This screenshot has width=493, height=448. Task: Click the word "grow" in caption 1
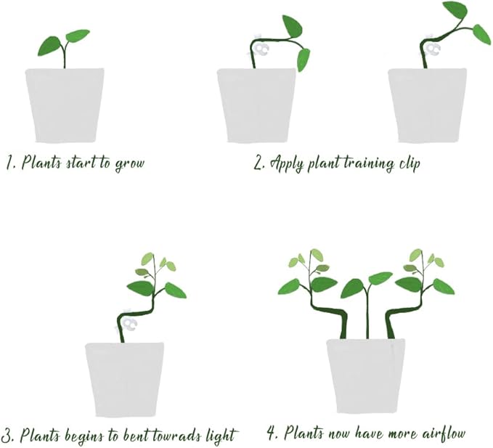click(129, 163)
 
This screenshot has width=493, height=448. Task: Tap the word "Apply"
click(286, 163)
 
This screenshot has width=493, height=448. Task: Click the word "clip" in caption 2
click(409, 163)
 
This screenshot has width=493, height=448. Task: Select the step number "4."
click(273, 434)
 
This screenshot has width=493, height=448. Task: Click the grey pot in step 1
click(65, 105)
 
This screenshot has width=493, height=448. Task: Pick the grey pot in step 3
click(123, 378)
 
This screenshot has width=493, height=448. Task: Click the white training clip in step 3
click(126, 321)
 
